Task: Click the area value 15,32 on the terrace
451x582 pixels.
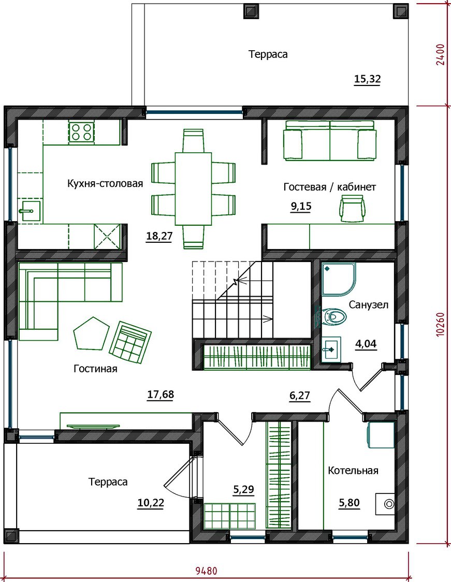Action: pyautogui.click(x=368, y=79)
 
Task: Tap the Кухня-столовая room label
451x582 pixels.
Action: pyautogui.click(x=105, y=183)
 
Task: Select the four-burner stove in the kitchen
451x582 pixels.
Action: pyautogui.click(x=81, y=132)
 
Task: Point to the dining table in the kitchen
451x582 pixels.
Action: pyautogui.click(x=193, y=188)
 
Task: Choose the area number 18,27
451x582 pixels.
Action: pyautogui.click(x=159, y=236)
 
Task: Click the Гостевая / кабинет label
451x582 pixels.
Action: pyautogui.click(x=330, y=187)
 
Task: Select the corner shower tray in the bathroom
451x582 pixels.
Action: pyautogui.click(x=339, y=279)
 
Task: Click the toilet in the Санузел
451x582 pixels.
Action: pyautogui.click(x=334, y=316)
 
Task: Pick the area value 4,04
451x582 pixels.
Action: pyautogui.click(x=366, y=344)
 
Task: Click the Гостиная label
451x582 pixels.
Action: pyautogui.click(x=95, y=369)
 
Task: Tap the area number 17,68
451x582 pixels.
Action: pyautogui.click(x=161, y=394)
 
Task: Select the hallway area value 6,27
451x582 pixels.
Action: pyautogui.click(x=300, y=396)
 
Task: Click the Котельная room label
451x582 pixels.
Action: pyautogui.click(x=353, y=471)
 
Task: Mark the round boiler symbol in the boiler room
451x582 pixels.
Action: pyautogui.click(x=389, y=504)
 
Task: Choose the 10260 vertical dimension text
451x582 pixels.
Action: pyautogui.click(x=441, y=325)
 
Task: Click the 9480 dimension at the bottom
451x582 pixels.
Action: pyautogui.click(x=207, y=570)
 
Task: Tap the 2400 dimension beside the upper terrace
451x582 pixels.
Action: pyautogui.click(x=441, y=54)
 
